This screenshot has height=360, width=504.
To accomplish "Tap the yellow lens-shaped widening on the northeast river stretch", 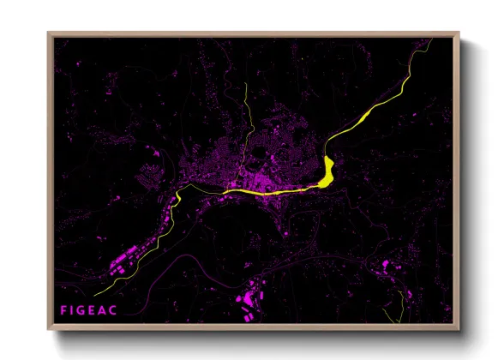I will [x=367, y=113].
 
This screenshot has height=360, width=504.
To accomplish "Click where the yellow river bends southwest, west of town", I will [x=177, y=196].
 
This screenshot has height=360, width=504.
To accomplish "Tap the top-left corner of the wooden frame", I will [x=49, y=34].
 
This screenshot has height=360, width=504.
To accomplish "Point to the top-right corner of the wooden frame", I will [x=458, y=34].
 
